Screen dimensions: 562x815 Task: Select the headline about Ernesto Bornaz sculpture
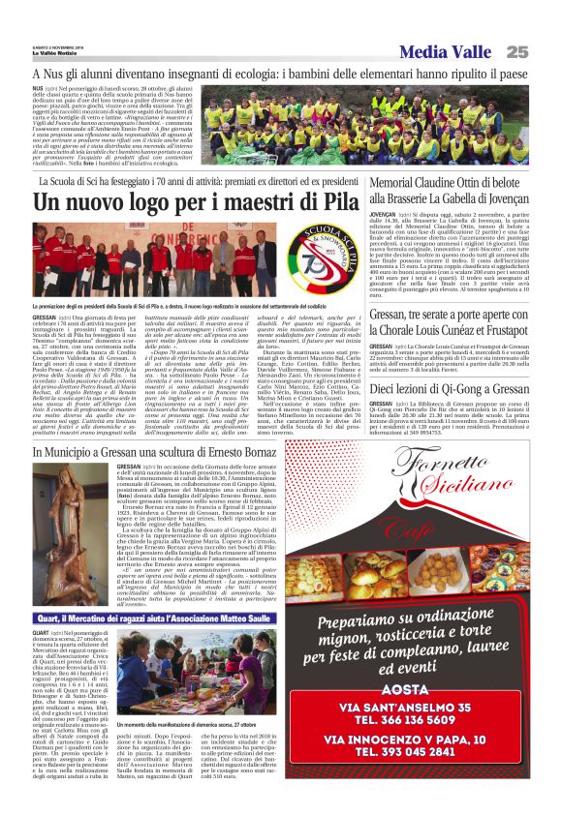tap(149, 453)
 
